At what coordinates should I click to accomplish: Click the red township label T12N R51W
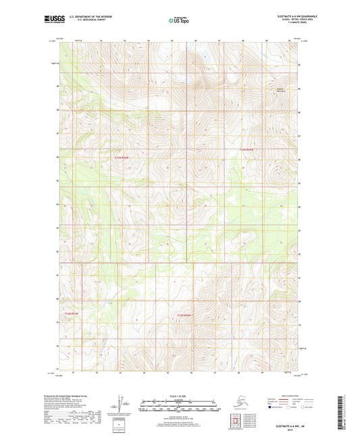pos(122,157)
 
